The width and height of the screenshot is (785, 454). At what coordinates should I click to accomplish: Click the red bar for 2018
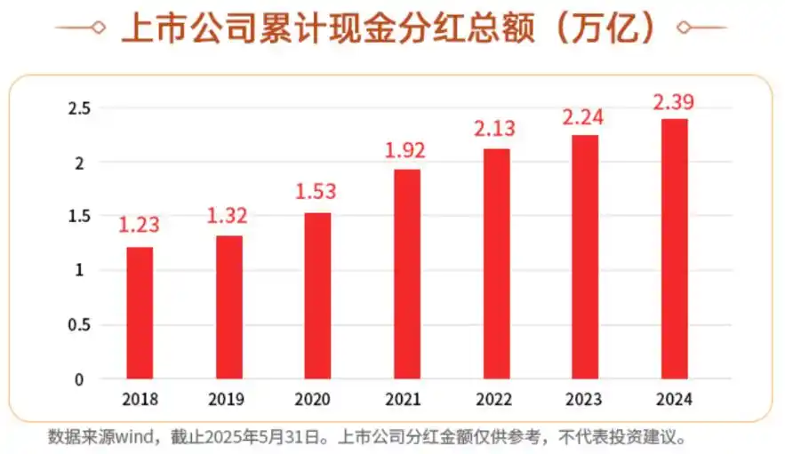pyautogui.click(x=140, y=313)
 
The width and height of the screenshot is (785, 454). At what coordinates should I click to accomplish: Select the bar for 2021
pyautogui.click(x=406, y=274)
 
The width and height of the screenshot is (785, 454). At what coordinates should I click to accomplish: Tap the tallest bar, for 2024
pyautogui.click(x=674, y=249)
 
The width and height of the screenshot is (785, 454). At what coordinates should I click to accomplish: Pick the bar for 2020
pyautogui.click(x=317, y=295)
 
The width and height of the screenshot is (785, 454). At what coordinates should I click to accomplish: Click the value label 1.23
pyautogui.click(x=139, y=225)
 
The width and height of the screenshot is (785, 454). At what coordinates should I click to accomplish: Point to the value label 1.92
pyautogui.click(x=405, y=149)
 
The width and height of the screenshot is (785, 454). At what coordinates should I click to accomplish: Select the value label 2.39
pyautogui.click(x=673, y=102)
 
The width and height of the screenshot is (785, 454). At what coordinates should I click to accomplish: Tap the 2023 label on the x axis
pyautogui.click(x=584, y=400)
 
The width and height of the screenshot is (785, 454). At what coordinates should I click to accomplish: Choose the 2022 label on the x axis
pyautogui.click(x=495, y=400)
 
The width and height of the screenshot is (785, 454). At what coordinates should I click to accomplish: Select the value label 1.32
pyautogui.click(x=228, y=215)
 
